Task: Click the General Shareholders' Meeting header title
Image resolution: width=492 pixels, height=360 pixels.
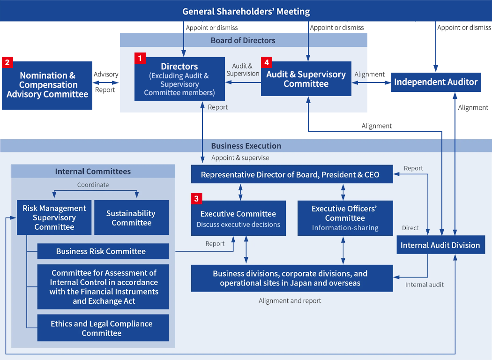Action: click(x=246, y=11)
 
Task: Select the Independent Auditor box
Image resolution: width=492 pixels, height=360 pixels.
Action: click(x=436, y=82)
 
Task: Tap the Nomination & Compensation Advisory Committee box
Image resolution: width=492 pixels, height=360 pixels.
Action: click(x=47, y=85)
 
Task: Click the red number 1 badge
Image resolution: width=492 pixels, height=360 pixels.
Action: click(x=140, y=58)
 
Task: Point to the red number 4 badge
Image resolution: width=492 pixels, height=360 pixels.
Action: click(x=267, y=62)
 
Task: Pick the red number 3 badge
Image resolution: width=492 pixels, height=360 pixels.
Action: click(x=196, y=199)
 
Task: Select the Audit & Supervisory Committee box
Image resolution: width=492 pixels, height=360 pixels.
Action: click(x=306, y=79)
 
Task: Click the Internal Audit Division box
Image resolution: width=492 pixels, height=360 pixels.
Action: click(x=440, y=245)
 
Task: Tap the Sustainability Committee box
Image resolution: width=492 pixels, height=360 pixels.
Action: click(x=131, y=218)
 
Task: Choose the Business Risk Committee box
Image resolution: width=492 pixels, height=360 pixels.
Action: click(x=103, y=251)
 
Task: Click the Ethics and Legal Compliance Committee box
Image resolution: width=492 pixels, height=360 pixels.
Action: click(x=103, y=329)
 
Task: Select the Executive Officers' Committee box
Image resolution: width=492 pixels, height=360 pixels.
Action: click(x=345, y=218)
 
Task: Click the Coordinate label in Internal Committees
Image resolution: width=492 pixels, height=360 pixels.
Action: click(x=93, y=185)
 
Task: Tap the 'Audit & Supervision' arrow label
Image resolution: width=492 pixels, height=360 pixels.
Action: click(x=243, y=70)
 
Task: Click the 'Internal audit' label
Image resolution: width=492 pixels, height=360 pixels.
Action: click(x=424, y=285)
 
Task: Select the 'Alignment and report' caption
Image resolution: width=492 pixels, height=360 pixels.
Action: click(x=290, y=301)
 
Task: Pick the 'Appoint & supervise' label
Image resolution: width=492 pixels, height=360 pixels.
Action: click(x=240, y=158)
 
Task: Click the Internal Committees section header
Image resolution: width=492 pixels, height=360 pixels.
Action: click(x=93, y=172)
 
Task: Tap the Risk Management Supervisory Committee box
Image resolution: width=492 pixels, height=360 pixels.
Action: click(x=54, y=218)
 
